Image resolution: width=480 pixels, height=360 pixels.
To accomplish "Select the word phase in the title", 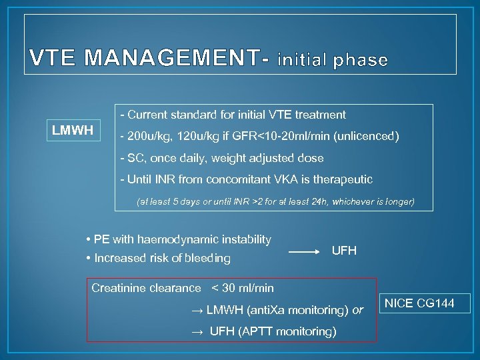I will tap(357, 60).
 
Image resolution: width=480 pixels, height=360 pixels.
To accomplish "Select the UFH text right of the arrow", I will tap(344, 251).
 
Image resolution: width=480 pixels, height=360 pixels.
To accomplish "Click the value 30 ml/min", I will tap(248, 288).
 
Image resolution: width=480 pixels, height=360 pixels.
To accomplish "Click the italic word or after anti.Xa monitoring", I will tap(358, 310).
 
